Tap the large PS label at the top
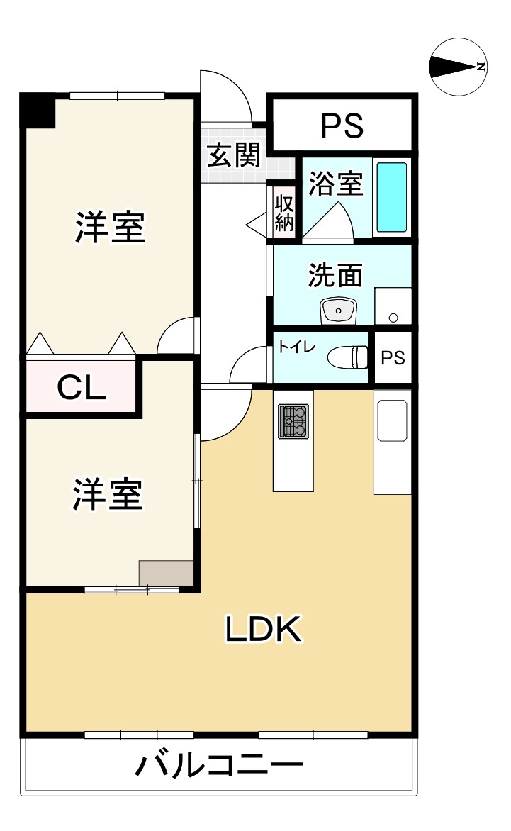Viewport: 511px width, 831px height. coord(342,125)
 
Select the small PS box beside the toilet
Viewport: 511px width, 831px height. coord(393,358)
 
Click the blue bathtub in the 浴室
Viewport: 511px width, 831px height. coord(391,197)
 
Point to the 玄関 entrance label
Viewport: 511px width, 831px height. coord(233,155)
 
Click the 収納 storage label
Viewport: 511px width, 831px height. coord(284,213)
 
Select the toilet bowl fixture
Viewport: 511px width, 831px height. coord(349,357)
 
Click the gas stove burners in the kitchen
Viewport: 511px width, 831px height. coord(293,421)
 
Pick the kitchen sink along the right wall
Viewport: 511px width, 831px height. coord(392,420)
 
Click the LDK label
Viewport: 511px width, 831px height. coord(264,628)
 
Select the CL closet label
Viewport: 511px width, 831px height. coord(82,387)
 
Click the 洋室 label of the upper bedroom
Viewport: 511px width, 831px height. coord(111,228)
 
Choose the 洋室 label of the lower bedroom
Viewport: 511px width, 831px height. coord(108,494)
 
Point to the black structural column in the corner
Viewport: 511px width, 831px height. coord(37,111)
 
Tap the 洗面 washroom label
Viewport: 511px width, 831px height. coord(335,274)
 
